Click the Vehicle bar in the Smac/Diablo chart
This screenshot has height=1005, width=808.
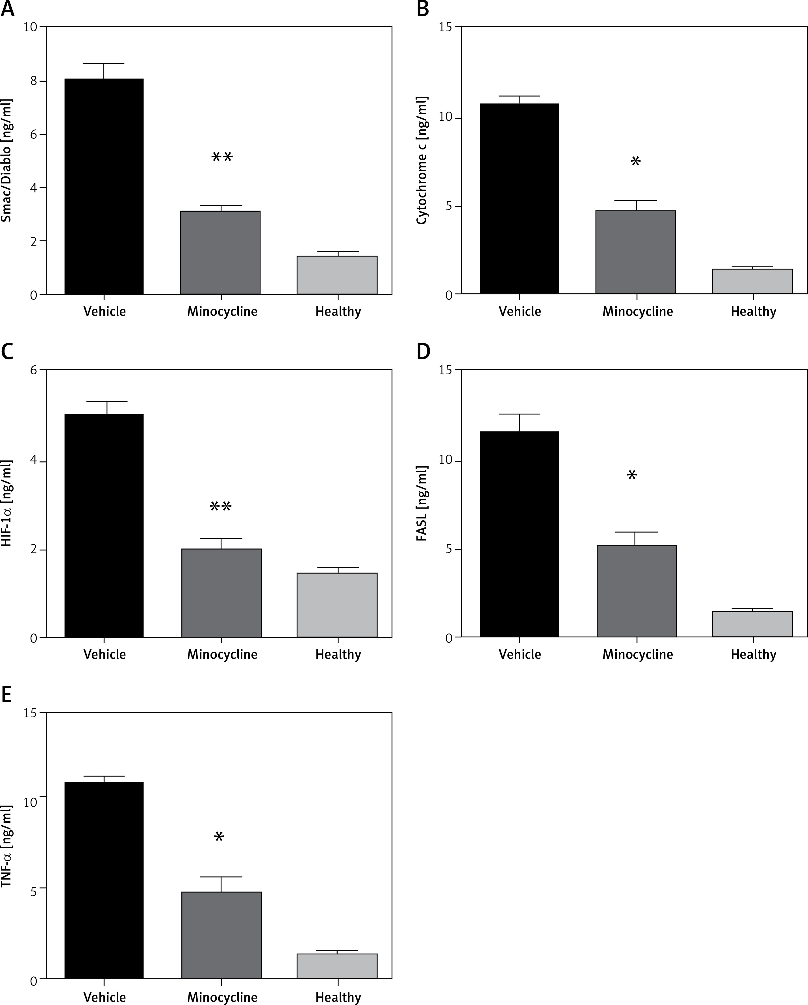click(104, 186)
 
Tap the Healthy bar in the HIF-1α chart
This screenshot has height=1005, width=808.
click(337, 605)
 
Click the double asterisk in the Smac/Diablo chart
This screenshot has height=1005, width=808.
click(222, 157)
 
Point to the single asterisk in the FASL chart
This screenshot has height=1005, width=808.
click(632, 476)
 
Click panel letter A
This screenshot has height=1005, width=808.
click(7, 9)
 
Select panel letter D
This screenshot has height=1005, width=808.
click(423, 352)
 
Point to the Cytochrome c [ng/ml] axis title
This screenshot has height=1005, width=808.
click(422, 161)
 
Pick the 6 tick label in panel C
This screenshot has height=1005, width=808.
click(34, 370)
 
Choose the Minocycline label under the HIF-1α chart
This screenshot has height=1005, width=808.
click(222, 654)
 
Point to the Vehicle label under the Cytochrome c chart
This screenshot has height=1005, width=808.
click(520, 311)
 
